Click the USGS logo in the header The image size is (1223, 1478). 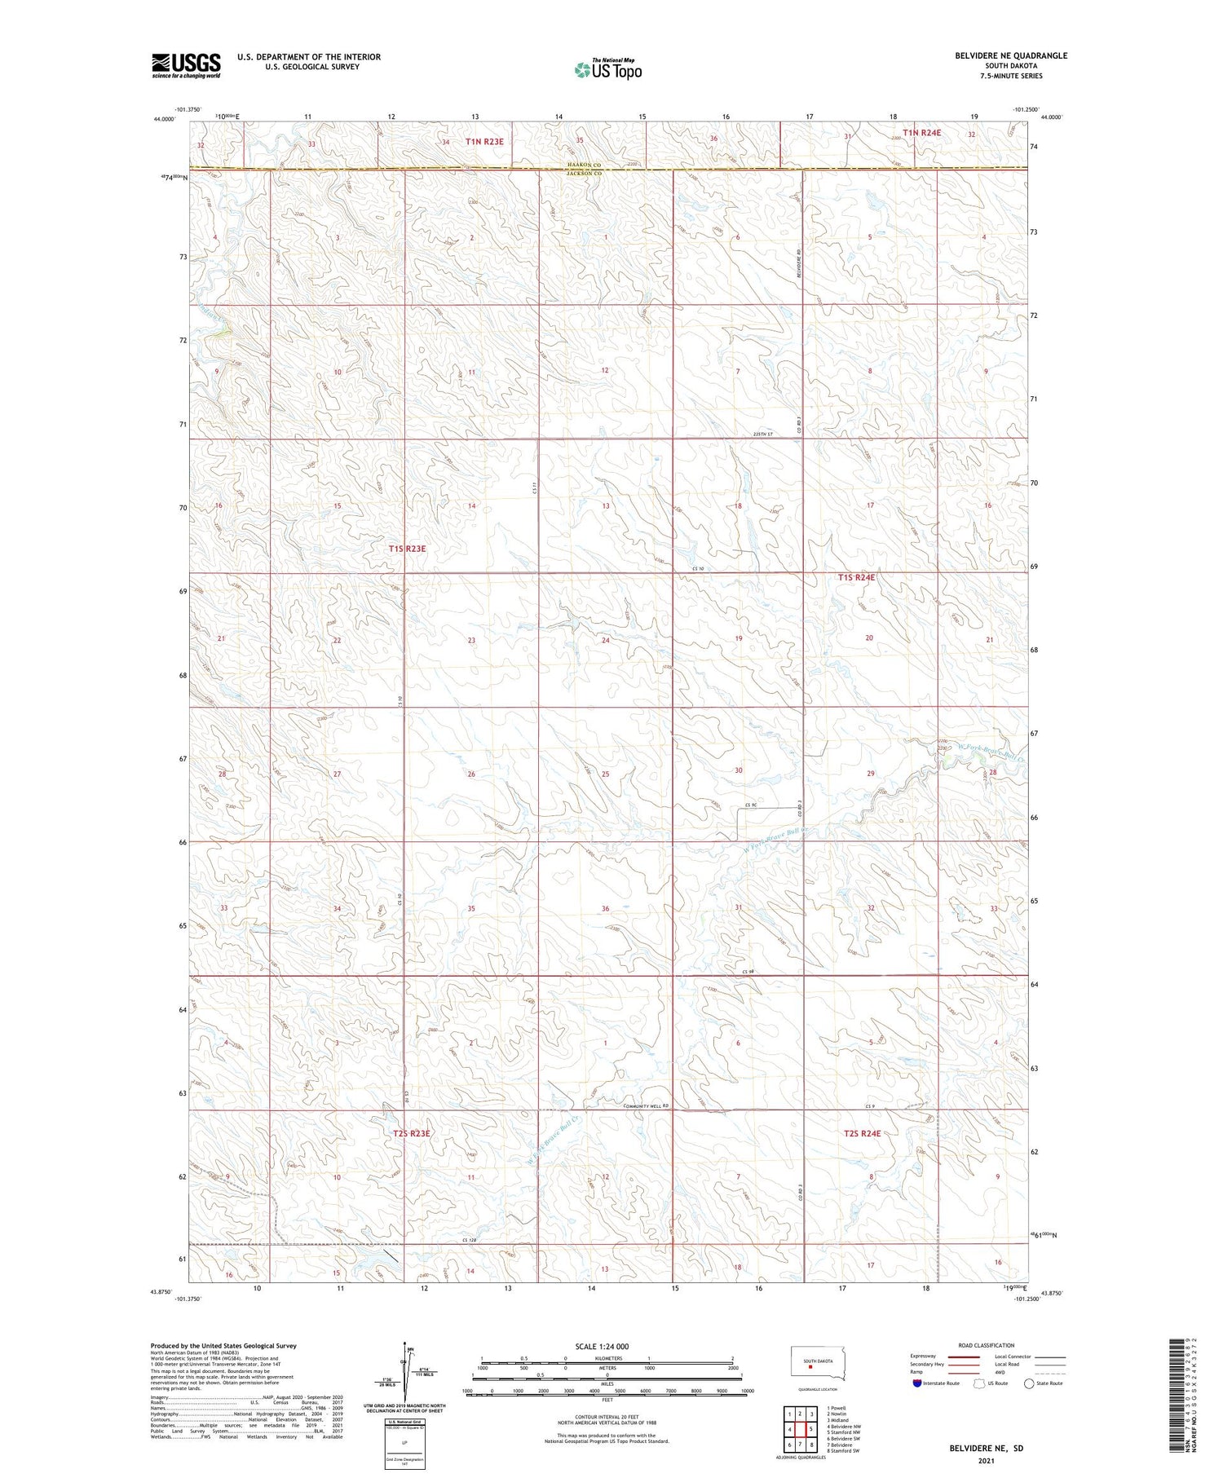tap(186, 65)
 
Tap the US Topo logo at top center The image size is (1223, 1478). tap(607, 69)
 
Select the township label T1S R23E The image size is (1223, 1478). tap(407, 549)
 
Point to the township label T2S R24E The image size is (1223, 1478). tap(863, 1133)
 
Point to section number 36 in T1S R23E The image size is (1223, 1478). tap(605, 908)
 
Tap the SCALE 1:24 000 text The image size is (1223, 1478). tap(602, 1346)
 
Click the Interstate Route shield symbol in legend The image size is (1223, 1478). tap(918, 1383)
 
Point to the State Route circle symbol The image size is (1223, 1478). tap(1029, 1383)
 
